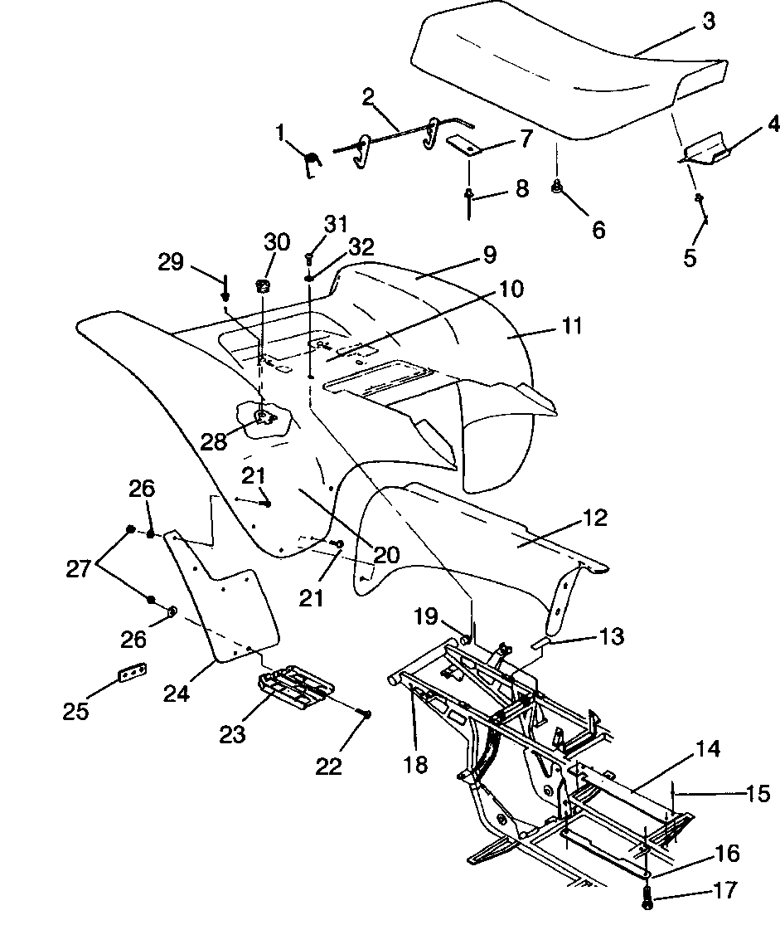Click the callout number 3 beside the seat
point(709,22)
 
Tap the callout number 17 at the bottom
point(725,889)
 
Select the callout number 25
point(75,711)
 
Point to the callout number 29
point(171,261)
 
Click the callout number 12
point(595,518)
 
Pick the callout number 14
point(708,748)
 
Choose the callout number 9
point(489,254)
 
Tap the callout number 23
point(232,734)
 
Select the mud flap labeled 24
point(224,596)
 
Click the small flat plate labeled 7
point(467,145)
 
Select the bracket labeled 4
point(707,152)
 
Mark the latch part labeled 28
point(264,416)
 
